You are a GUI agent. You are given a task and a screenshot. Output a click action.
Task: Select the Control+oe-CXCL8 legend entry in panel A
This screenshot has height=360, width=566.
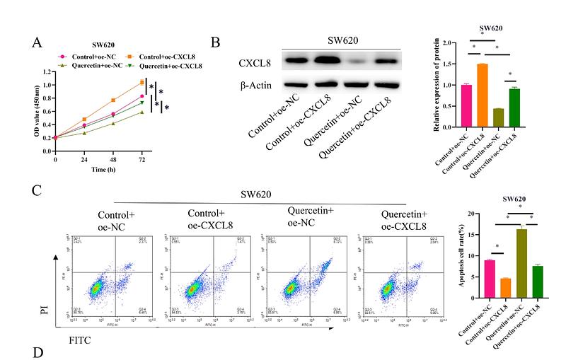pyautogui.click(x=159, y=56)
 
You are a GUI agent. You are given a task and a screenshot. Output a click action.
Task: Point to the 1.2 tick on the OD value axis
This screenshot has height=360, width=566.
pyautogui.click(x=47, y=71)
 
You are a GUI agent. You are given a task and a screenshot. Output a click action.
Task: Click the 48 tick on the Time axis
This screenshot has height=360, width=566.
pyautogui.click(x=112, y=160)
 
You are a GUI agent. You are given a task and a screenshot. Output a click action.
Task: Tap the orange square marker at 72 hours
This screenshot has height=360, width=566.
pyautogui.click(x=141, y=83)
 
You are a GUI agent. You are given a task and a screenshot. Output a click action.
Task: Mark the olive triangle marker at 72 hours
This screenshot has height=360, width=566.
pyautogui.click(x=141, y=112)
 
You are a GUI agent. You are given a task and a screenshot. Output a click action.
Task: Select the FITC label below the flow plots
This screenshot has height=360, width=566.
pyautogui.click(x=79, y=339)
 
